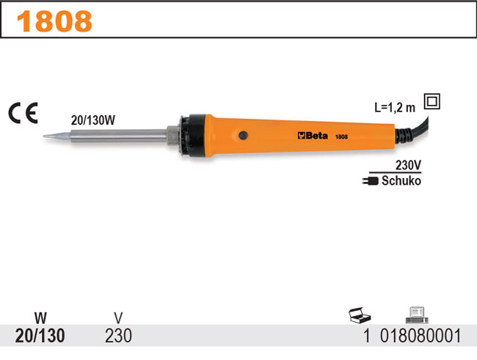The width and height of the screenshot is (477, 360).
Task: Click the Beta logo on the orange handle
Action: (313, 136)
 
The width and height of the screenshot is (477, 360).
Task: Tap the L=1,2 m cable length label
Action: (395, 107)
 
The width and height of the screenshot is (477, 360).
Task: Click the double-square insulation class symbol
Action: (432, 102)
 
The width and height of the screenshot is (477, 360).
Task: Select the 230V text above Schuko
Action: (408, 166)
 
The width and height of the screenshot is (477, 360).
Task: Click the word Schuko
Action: (401, 180)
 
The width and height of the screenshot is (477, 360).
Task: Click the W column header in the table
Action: (40, 318)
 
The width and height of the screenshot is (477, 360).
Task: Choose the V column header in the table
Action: (119, 318)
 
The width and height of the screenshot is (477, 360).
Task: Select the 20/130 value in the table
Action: (40, 337)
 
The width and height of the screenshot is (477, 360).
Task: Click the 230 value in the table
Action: (119, 337)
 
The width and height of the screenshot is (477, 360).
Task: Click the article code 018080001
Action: (419, 337)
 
